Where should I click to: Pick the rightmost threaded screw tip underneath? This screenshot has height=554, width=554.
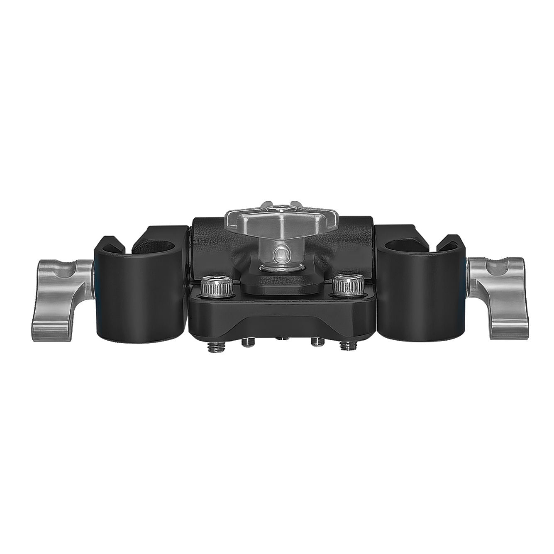(x=345, y=345)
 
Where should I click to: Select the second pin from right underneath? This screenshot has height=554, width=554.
(x=317, y=343)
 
